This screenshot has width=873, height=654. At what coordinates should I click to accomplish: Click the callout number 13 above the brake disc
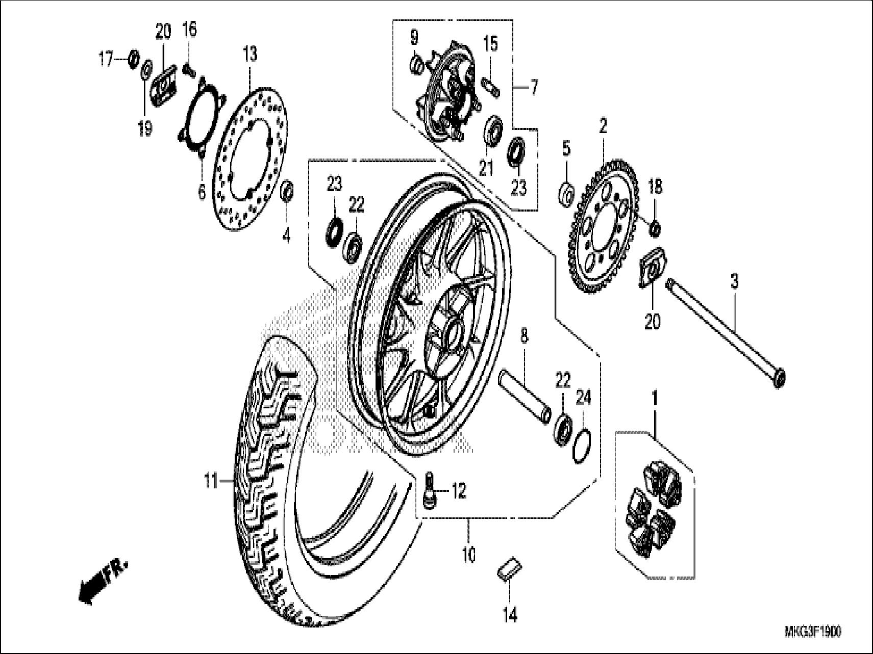[250, 54]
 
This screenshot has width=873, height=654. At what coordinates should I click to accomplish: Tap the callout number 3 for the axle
[734, 281]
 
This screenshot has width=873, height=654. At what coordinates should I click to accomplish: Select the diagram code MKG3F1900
[812, 633]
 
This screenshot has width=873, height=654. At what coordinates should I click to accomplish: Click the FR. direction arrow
[102, 581]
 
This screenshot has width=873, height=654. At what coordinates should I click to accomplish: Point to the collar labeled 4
[287, 190]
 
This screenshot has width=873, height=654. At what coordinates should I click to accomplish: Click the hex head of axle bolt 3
[778, 379]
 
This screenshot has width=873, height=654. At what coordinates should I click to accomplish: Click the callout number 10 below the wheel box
[469, 554]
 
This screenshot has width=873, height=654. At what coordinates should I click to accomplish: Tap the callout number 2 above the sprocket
[603, 125]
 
